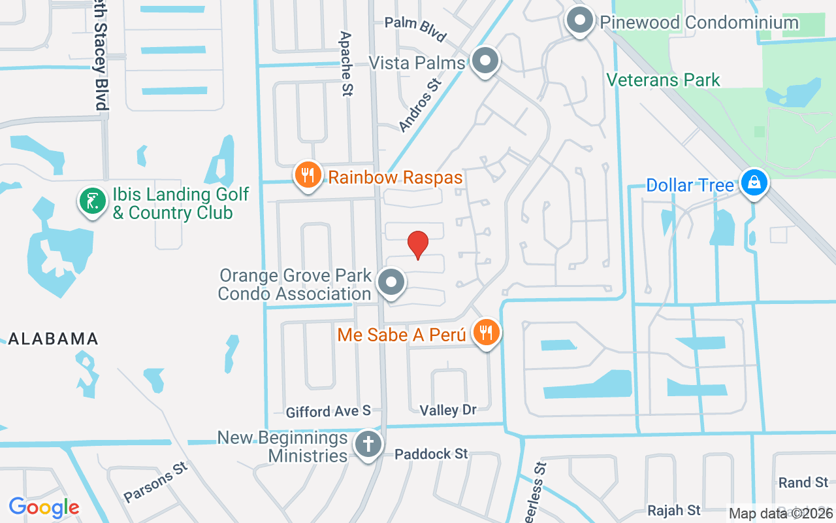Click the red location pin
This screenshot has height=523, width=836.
418,245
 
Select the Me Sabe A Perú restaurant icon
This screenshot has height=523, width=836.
485,332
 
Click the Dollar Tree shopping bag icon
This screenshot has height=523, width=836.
754,183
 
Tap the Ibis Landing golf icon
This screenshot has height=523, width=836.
93,201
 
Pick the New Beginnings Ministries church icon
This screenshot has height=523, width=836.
368,445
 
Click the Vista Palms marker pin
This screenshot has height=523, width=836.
485,61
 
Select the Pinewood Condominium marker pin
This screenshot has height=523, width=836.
579,20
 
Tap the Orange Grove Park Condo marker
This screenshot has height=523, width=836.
392,283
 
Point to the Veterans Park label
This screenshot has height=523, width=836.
663,80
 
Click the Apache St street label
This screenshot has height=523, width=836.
346,64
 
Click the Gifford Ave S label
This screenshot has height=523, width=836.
328,411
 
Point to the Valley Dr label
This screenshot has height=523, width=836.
448,410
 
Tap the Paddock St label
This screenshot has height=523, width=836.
431,453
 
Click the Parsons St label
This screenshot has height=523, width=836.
155,482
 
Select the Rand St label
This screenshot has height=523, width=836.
803,482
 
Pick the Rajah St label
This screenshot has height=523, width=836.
674,509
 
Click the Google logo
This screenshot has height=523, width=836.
44,507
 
